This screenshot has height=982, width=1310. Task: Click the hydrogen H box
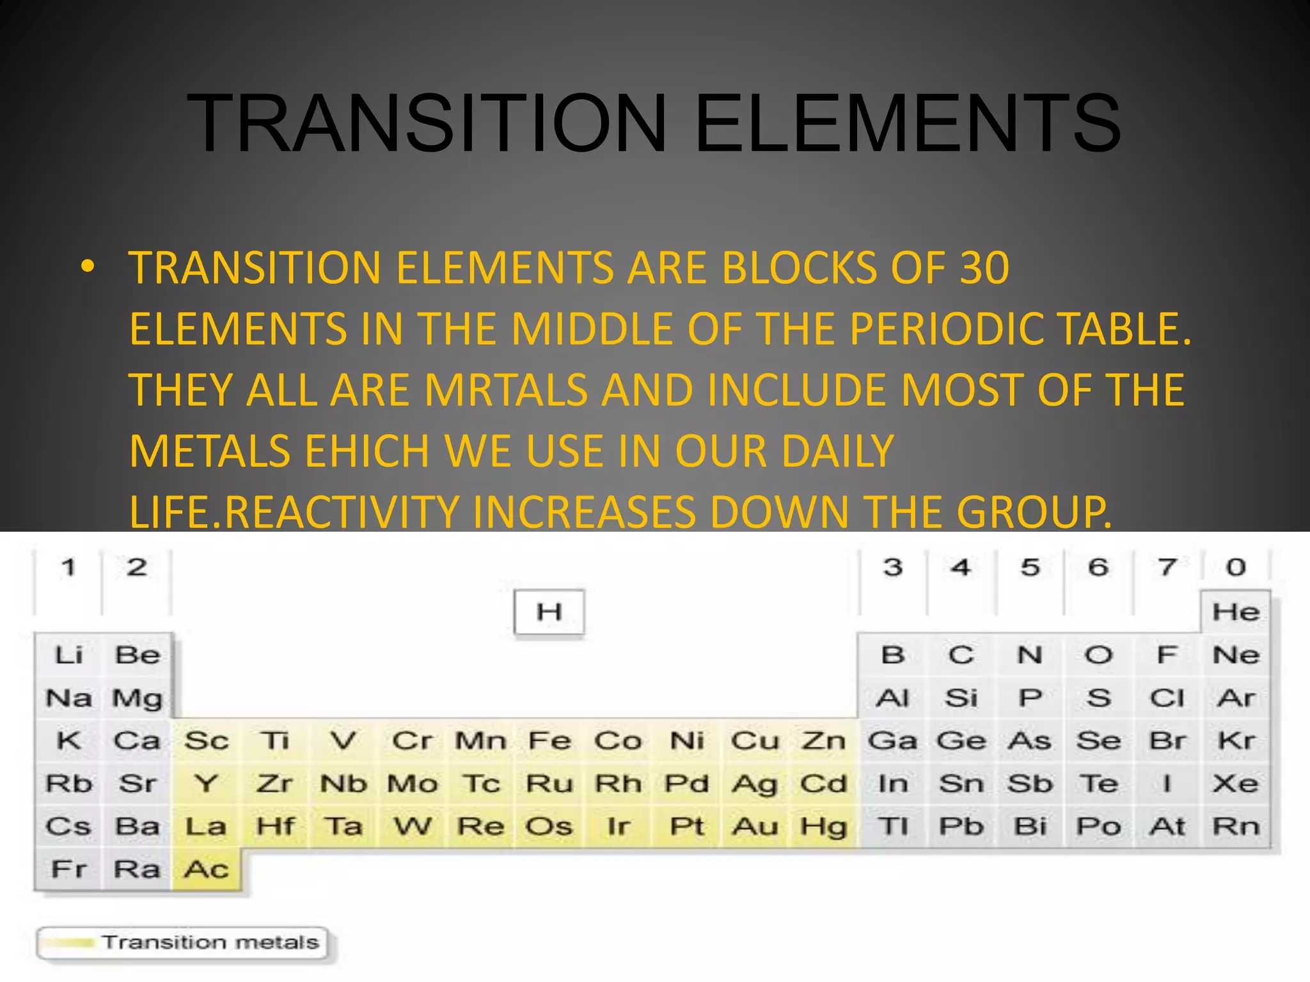(549, 612)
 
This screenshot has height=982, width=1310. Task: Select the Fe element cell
(549, 741)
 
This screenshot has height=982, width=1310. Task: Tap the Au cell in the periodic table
(755, 827)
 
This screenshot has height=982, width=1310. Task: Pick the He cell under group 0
(1236, 612)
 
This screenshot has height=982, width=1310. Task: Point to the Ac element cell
(206, 869)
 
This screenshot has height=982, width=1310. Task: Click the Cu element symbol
(755, 741)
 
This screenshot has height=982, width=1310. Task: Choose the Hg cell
(824, 827)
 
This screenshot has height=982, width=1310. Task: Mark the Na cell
(68, 698)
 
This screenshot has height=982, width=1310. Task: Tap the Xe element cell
(1236, 784)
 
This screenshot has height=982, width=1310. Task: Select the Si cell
(961, 698)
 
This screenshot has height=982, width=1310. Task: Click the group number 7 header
(1167, 567)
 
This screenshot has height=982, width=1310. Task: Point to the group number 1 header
(68, 567)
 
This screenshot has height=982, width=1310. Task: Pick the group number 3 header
(893, 567)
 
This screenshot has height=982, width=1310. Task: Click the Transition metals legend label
(210, 942)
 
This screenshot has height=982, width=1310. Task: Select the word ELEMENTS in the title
(907, 123)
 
